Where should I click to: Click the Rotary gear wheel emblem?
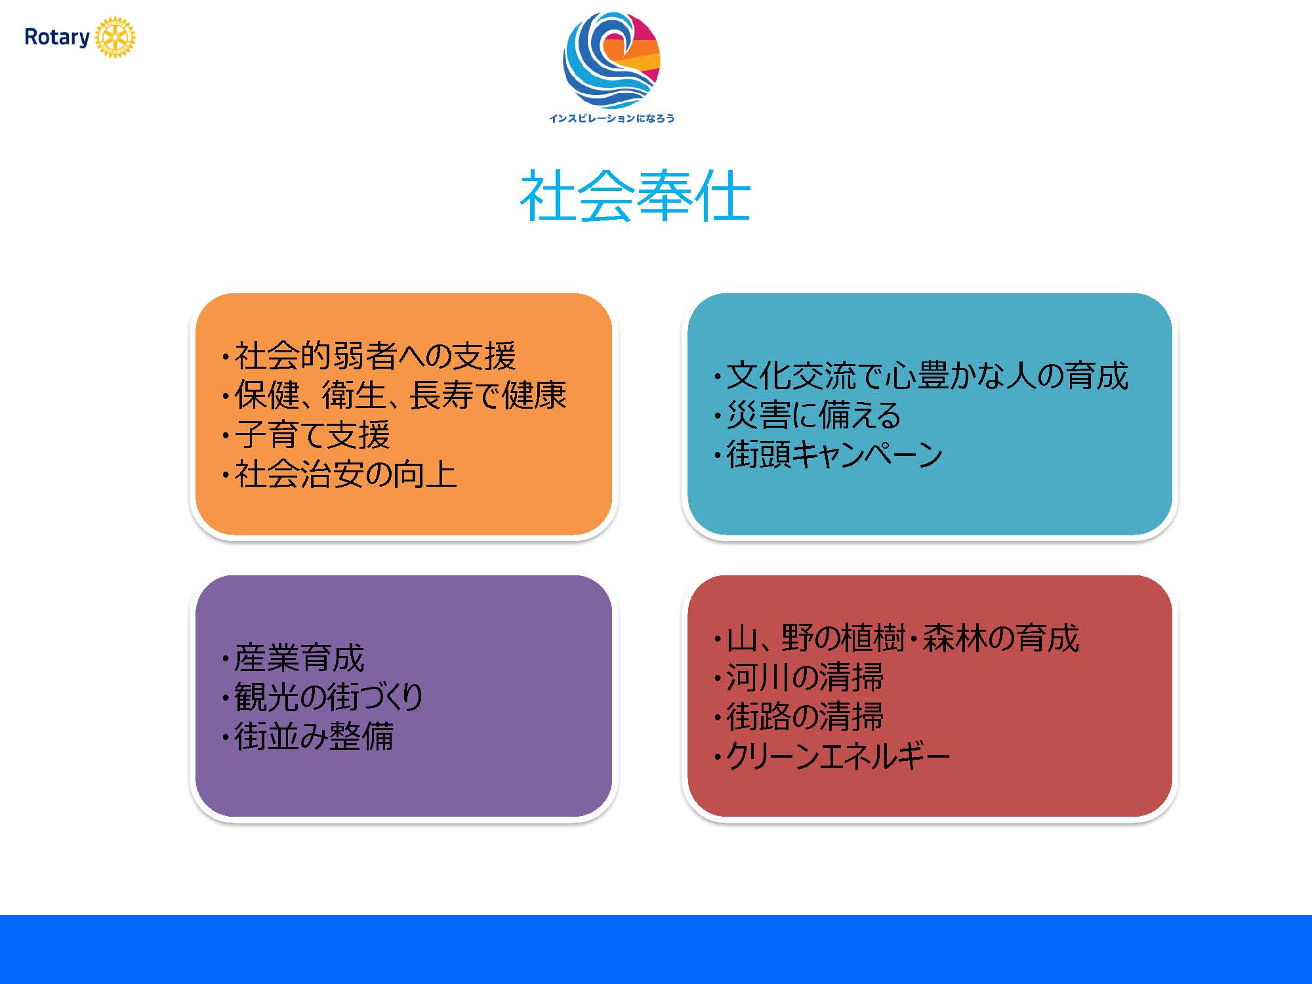pos(115,37)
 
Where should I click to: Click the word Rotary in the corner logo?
pos(57,37)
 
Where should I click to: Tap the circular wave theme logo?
pos(611,60)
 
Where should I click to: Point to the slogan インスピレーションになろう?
pos(611,118)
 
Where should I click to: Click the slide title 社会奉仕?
pos(635,195)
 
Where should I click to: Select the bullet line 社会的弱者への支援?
pos(369,356)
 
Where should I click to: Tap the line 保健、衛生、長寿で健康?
pos(394,396)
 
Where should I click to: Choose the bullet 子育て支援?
pos(306,435)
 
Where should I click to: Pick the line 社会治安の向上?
pos(339,474)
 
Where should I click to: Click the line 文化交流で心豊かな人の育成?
pos(921,376)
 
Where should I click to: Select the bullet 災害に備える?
pos(808,415)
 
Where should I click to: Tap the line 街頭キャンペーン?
pos(829,455)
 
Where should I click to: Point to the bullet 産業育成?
pos(293,658)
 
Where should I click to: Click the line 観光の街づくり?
pos(323,697)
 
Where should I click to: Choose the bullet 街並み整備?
pos(308,736)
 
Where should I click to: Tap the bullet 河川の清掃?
pos(799,678)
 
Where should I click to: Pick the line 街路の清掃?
pos(799,716)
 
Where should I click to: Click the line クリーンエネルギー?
pos(832,756)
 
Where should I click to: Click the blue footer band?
pos(656,949)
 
